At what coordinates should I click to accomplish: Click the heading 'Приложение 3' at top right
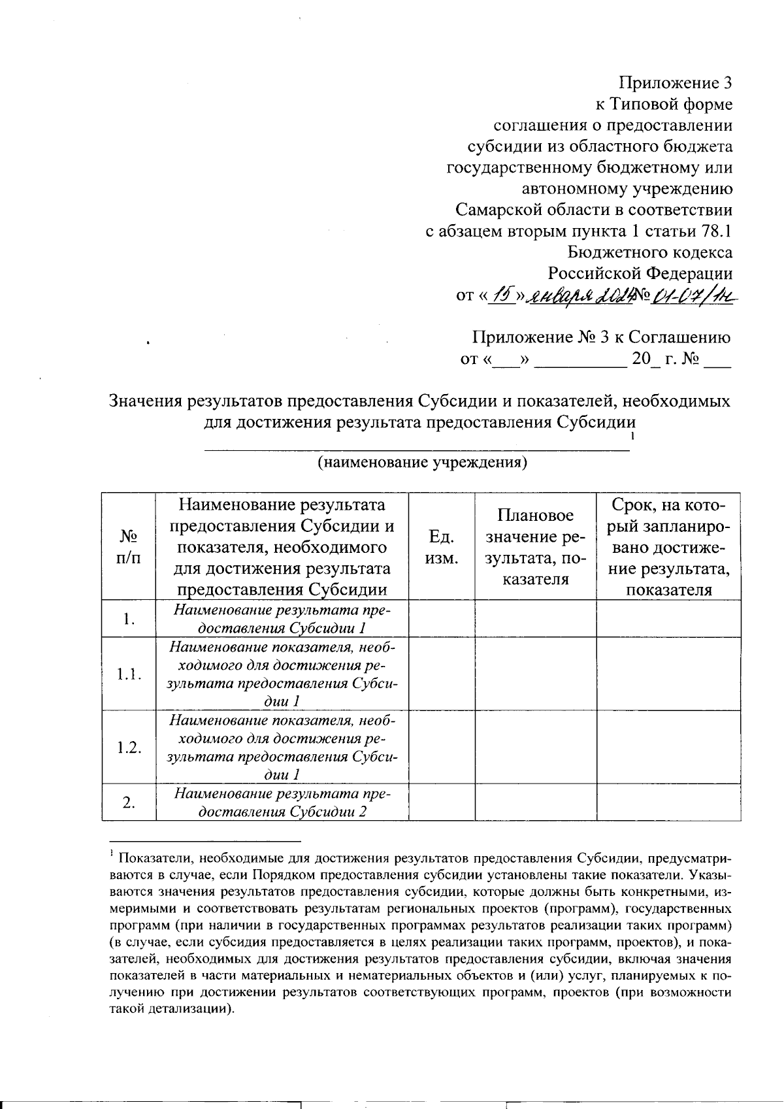675,83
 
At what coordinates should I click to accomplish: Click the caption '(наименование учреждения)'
422,463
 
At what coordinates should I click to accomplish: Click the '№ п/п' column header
129,546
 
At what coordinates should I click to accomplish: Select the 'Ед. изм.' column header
441,546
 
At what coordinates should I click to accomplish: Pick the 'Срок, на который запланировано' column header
668,546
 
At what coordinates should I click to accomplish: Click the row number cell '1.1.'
129,674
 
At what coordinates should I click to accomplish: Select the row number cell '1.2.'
129,747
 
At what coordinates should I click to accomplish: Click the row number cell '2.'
129,803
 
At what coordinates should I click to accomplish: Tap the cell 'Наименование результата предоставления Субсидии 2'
282,803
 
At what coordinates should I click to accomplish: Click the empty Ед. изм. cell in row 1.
441,619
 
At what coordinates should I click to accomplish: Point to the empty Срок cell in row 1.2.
668,747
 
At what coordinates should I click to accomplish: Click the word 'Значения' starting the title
145,400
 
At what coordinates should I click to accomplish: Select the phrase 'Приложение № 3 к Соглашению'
601,337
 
